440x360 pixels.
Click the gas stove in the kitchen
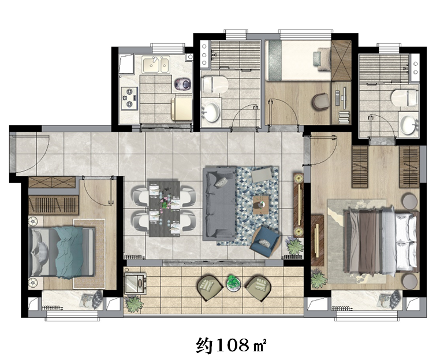[130, 98]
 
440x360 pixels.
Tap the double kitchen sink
[156, 65]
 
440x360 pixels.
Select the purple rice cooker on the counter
[183, 84]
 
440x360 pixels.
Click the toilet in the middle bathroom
[215, 84]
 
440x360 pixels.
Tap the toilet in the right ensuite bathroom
[404, 98]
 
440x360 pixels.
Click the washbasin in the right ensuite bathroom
[408, 124]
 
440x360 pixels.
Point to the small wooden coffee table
[260, 205]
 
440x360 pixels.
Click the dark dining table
[164, 209]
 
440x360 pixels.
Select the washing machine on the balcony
[135, 283]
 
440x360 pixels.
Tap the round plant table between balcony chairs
[234, 283]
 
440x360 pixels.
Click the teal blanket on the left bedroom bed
[69, 252]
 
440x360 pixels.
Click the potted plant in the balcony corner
[134, 304]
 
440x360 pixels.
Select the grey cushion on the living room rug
[262, 175]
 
